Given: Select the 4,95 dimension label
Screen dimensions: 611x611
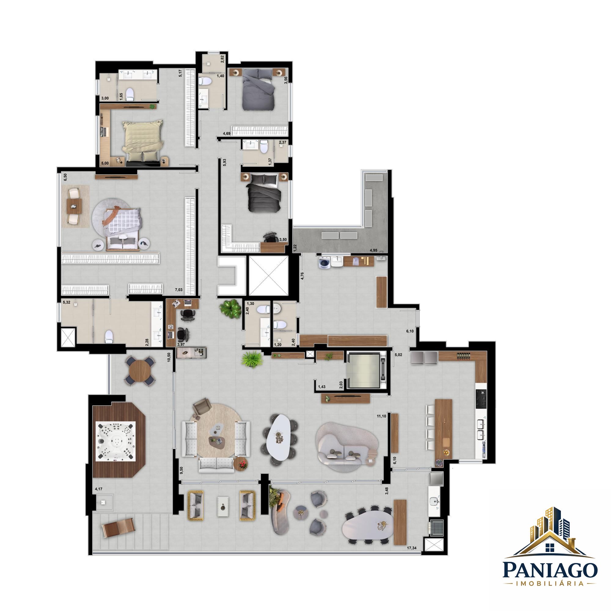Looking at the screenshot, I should point(374,251).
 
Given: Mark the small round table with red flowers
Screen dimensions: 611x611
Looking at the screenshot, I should point(242,465).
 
